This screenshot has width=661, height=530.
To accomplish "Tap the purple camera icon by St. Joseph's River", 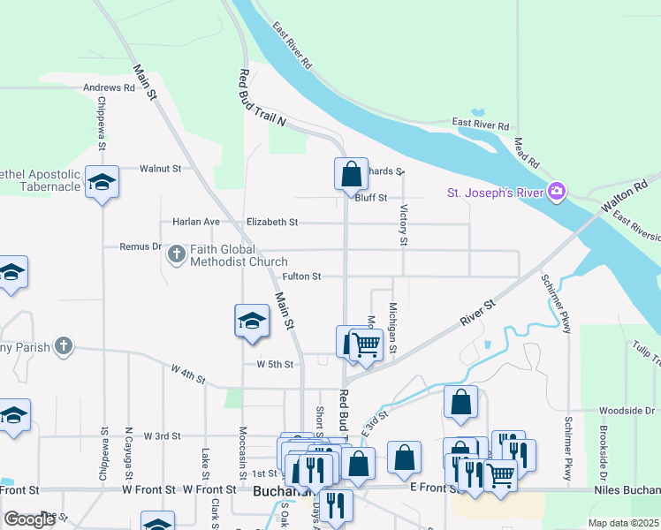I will coord(556,191).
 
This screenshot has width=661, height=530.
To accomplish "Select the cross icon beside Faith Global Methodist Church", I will coord(176,255).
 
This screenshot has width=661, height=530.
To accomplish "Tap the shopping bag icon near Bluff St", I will coord(351,172).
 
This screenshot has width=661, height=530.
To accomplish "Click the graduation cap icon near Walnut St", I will coord(103,181).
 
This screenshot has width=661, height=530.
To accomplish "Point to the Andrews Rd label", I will coord(109,88).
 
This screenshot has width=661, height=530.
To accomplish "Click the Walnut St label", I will coord(161,168).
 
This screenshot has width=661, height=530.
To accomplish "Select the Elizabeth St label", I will coord(272,223).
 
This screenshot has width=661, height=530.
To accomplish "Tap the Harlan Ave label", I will coord(196,223).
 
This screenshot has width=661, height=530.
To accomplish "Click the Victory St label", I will coord(404,224).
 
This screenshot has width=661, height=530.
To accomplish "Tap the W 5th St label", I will coord(274,364).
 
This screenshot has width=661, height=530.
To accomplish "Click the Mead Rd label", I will coord(527,148).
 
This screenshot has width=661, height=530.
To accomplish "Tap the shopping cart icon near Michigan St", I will coord(366,344).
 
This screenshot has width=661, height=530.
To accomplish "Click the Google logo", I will coord(29,519).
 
